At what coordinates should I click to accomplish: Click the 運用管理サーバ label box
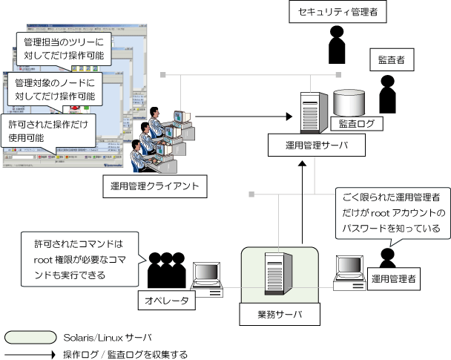(x=317, y=145)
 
